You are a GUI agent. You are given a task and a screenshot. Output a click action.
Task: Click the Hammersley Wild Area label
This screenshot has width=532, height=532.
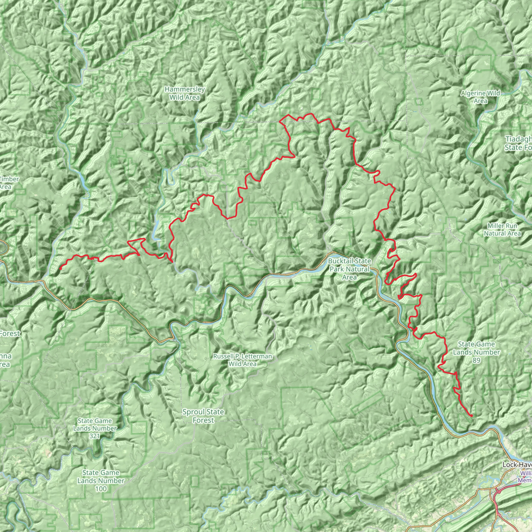pos(184,93)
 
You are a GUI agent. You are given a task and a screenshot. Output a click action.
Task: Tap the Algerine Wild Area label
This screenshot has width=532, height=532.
pos(481,97)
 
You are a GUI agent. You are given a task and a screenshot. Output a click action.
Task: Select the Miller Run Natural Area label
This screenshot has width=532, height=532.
pos(502,230)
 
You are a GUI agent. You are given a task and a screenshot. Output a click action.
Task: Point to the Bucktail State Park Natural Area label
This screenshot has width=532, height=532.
pos(349,269)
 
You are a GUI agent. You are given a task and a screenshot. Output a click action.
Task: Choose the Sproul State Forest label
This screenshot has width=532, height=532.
pos(203,416)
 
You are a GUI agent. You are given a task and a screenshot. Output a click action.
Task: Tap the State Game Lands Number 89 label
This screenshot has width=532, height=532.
pos(476,352)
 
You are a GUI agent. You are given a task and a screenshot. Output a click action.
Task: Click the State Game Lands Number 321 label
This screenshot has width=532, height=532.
pos(95,428)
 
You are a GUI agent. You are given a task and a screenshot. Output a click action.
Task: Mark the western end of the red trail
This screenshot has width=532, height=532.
pos(60,269)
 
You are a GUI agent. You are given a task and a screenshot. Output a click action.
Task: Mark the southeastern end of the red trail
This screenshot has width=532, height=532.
pos(472,416)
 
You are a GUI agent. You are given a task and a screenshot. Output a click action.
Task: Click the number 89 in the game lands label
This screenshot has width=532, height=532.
pos(476,361)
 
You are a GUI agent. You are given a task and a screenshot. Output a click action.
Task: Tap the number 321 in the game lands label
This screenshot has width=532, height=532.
pos(95,436)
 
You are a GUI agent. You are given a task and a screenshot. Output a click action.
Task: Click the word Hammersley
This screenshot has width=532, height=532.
pos(184,90)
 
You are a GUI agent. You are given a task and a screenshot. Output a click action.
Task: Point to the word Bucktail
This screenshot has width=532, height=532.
pos(340,261)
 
